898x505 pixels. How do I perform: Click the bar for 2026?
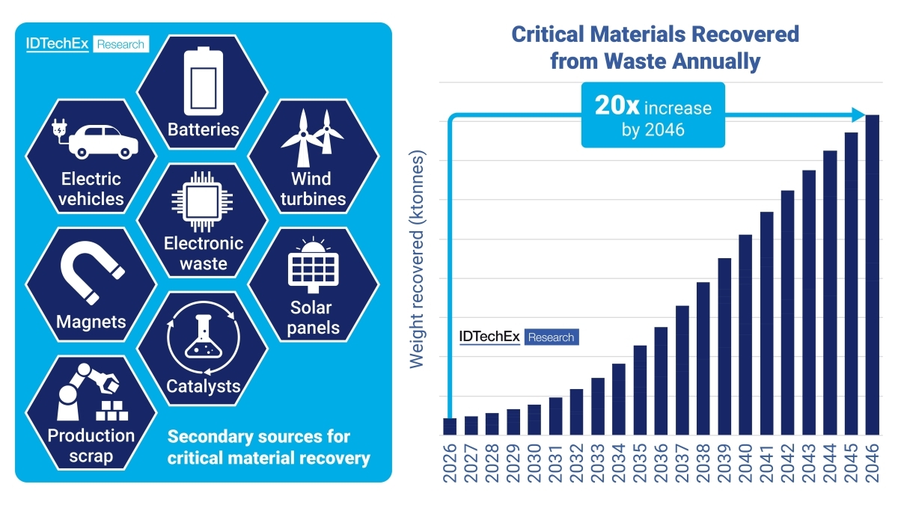(450, 426)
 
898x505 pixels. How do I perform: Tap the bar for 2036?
(661, 381)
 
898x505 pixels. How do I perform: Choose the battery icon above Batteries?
(203, 79)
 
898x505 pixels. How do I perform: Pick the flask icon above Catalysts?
(202, 340)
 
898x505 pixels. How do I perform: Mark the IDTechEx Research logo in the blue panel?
(86, 44)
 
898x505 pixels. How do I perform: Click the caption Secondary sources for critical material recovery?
(269, 447)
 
